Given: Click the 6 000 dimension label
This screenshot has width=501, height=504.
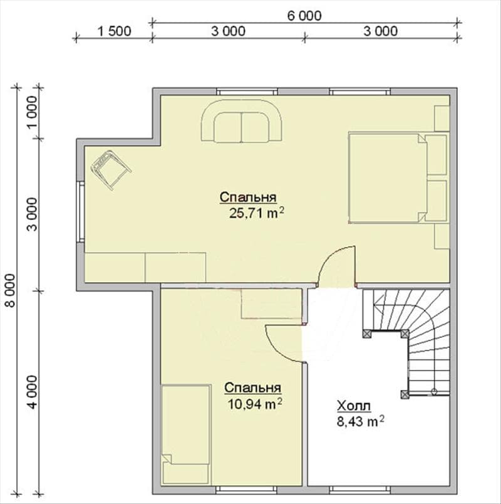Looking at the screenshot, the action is [x=304, y=16].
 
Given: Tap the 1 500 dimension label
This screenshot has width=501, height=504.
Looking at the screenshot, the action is [x=114, y=31].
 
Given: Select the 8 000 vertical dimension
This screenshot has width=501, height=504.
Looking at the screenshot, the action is [x=11, y=291].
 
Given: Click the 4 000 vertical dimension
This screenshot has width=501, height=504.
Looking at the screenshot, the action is [x=33, y=392].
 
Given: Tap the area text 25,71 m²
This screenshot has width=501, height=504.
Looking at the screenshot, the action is [x=257, y=213].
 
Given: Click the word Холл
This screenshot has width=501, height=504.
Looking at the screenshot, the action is [x=354, y=406].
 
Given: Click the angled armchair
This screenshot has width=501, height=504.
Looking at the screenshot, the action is [x=111, y=169].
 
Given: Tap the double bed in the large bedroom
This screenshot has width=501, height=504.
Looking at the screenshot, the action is [x=398, y=178].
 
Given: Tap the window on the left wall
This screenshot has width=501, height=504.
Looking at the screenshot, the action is [x=81, y=212].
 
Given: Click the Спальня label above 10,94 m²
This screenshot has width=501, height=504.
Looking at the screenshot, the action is [x=253, y=388].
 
